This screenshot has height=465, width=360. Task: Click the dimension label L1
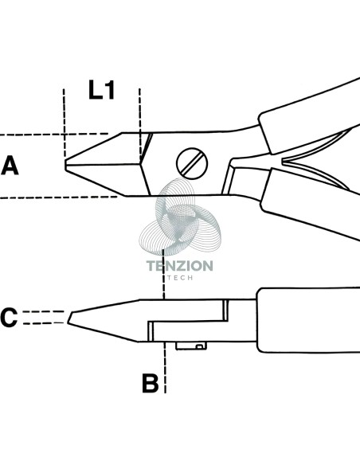point(102,89)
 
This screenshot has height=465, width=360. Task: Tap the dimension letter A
point(10,166)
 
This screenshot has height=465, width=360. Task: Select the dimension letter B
point(151,384)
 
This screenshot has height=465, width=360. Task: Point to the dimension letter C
point(9,318)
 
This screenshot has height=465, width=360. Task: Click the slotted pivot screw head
point(192,163)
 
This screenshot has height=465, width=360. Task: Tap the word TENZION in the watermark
point(180,266)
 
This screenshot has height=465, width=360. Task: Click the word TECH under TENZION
point(180,278)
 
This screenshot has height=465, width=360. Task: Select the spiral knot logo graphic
point(180,217)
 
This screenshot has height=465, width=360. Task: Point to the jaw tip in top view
point(65,165)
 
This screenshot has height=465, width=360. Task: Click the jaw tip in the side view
point(69,318)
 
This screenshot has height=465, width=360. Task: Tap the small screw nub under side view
point(191,346)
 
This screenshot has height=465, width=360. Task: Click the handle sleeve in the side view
point(308,320)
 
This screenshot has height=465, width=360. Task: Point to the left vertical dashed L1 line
point(64,123)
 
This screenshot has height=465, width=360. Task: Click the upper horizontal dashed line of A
point(54,135)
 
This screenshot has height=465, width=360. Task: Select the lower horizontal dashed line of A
point(59,197)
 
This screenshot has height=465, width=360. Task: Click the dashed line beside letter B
point(165,368)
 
